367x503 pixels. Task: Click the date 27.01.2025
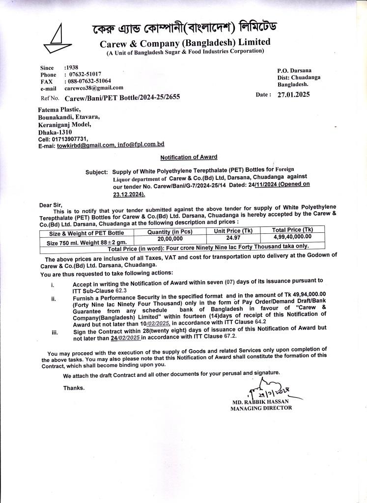click(x=293, y=95)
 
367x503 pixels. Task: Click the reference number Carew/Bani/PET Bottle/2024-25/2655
click(x=122, y=97)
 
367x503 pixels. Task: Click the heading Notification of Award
click(x=189, y=157)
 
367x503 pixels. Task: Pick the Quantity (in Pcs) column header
click(x=169, y=232)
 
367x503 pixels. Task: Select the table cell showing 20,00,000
click(x=170, y=238)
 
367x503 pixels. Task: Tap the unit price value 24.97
click(x=233, y=238)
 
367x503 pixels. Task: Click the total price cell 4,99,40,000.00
click(x=292, y=237)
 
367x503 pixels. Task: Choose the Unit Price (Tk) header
click(x=233, y=231)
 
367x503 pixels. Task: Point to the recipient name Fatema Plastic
click(x=59, y=110)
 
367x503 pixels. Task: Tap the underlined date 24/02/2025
click(x=126, y=338)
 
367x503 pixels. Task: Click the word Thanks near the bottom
click(x=74, y=388)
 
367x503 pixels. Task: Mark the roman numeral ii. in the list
click(x=54, y=298)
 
